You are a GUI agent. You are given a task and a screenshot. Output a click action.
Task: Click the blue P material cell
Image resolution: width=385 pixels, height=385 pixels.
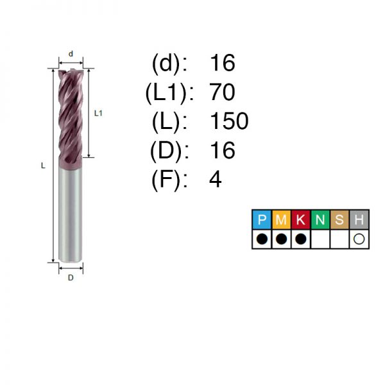pos(262,219)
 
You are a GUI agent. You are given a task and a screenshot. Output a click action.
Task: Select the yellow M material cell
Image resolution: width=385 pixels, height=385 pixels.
pos(282,219)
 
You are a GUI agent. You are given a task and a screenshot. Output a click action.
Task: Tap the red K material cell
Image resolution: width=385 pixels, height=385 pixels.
pos(301,219)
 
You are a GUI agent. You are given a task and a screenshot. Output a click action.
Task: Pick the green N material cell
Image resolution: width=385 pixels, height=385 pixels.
pos(320,219)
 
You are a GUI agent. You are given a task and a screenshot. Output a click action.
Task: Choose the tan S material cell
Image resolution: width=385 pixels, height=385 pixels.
pos(339,219)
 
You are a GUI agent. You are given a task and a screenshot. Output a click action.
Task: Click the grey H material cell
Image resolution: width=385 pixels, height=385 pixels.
pos(359,219)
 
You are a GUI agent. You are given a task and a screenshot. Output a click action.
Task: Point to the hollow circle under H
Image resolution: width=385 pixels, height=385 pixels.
pos(359,239)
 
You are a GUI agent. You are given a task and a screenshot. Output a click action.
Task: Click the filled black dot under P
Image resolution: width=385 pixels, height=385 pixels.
pos(262,239)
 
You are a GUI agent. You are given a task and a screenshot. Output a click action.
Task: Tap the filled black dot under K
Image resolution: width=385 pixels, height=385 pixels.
pos(301,239)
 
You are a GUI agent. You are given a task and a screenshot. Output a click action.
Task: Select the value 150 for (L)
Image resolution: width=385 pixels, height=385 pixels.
pos(229,121)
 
